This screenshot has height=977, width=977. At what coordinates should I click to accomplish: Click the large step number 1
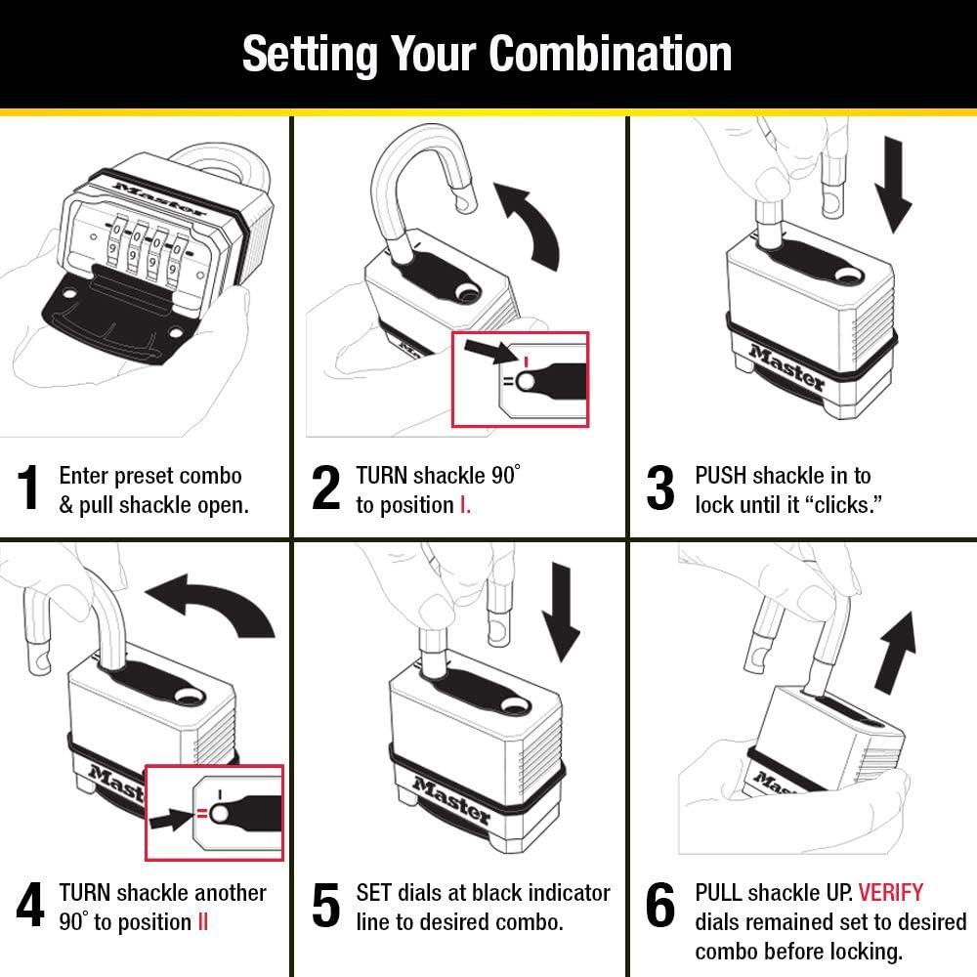point(30,488)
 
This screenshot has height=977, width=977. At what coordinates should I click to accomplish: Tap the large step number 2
point(325,488)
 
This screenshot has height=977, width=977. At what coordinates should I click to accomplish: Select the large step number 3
point(660,488)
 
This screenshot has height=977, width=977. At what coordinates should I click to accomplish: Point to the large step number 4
point(30,906)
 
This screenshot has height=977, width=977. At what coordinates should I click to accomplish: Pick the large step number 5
point(325,906)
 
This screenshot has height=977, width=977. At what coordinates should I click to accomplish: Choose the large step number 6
point(660,906)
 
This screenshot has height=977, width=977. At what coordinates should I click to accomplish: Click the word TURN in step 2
point(381,476)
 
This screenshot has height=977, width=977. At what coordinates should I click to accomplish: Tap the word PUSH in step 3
point(721,476)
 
